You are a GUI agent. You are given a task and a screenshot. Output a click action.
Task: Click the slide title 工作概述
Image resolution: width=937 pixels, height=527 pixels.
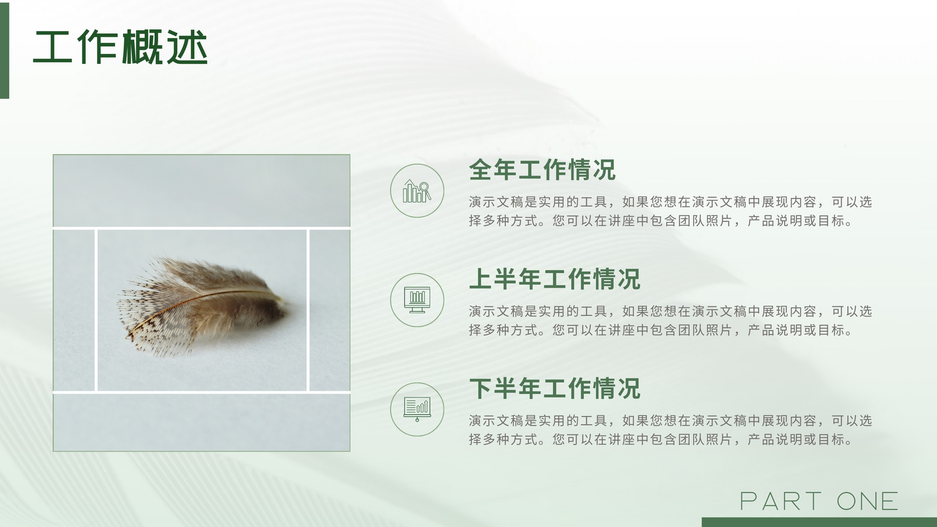120,47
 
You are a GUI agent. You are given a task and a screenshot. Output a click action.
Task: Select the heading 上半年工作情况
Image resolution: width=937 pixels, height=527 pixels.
555,279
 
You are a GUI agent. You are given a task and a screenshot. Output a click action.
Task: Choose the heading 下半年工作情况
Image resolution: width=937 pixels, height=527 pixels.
555,388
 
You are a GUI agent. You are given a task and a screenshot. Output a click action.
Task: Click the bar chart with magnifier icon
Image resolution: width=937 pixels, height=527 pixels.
416,191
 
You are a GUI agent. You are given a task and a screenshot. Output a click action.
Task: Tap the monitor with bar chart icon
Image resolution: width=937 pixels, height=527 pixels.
417,300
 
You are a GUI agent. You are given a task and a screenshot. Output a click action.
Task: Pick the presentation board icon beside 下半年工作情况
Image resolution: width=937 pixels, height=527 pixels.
417,409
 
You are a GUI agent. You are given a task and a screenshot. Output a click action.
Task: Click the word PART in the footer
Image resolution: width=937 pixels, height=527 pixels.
781,501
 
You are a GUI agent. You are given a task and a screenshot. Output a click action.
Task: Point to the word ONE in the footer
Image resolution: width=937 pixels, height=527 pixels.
867,501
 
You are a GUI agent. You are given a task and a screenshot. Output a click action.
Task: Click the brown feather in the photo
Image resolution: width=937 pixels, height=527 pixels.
201,305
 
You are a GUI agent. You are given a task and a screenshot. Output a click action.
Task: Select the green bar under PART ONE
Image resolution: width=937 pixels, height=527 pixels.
819,522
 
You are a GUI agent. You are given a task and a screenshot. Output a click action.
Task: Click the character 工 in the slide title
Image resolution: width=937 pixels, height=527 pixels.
52,47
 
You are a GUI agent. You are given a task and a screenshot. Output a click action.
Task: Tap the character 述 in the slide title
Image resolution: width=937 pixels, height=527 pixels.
187,47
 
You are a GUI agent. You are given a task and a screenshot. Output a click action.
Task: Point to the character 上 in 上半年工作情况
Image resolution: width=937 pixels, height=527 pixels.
480,279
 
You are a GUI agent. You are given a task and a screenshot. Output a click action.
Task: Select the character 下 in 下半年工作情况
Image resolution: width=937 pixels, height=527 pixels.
480,388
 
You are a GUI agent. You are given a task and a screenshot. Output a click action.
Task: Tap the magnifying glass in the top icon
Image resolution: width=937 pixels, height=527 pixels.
425,190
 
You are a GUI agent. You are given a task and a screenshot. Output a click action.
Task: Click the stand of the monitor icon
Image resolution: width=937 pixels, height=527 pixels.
417,310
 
